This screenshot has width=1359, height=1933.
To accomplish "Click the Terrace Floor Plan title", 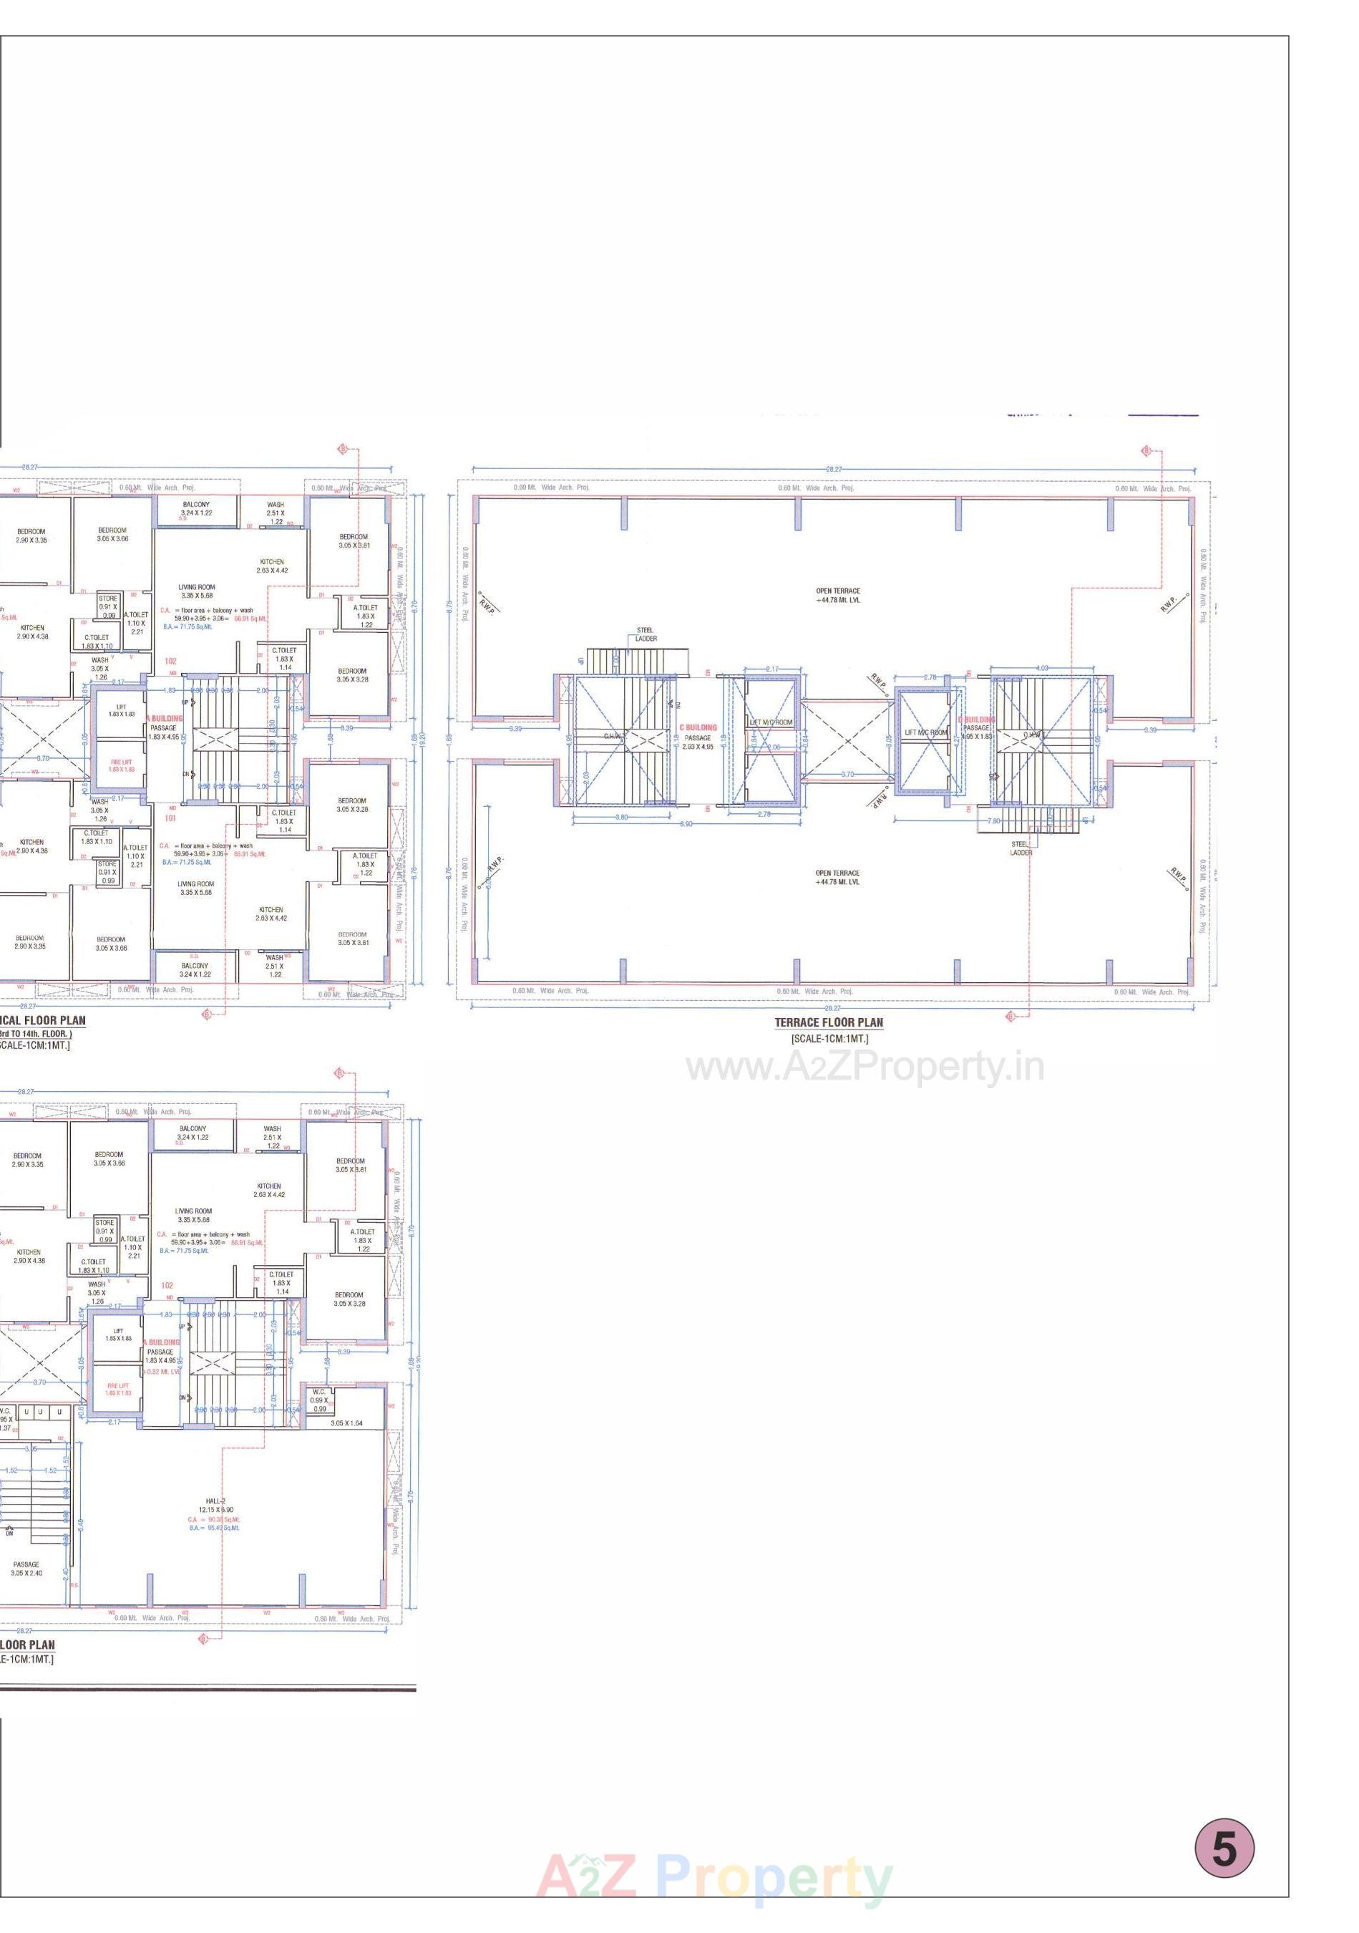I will (828, 1022).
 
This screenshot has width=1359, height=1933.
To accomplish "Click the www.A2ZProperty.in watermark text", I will (865, 1068).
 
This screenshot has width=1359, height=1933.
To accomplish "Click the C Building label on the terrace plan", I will (698, 727).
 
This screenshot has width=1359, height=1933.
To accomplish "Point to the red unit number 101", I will (170, 818).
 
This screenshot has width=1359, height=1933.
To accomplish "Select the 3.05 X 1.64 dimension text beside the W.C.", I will (346, 1423).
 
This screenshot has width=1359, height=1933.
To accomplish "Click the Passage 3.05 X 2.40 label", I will (26, 1569).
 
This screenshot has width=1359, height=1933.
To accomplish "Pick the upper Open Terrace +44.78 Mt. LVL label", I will (837, 595).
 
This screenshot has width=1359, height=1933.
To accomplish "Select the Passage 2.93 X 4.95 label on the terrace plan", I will (697, 742).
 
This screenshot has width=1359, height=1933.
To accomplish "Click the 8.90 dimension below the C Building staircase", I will (686, 824).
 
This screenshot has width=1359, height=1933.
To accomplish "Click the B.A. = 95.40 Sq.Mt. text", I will (215, 1527).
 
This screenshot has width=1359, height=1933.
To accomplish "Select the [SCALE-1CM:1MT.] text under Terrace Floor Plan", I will (829, 1039).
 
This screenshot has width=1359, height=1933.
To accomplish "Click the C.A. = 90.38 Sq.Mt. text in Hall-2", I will (215, 1518).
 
